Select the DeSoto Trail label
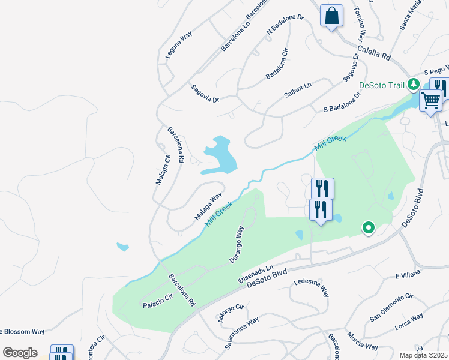point(382,85)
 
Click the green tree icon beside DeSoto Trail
point(413,84)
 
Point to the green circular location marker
point(369,227)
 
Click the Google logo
point(20,353)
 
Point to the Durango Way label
point(237,244)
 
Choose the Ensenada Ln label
point(256,275)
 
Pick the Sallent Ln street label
point(298,90)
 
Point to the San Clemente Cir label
point(392,307)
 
